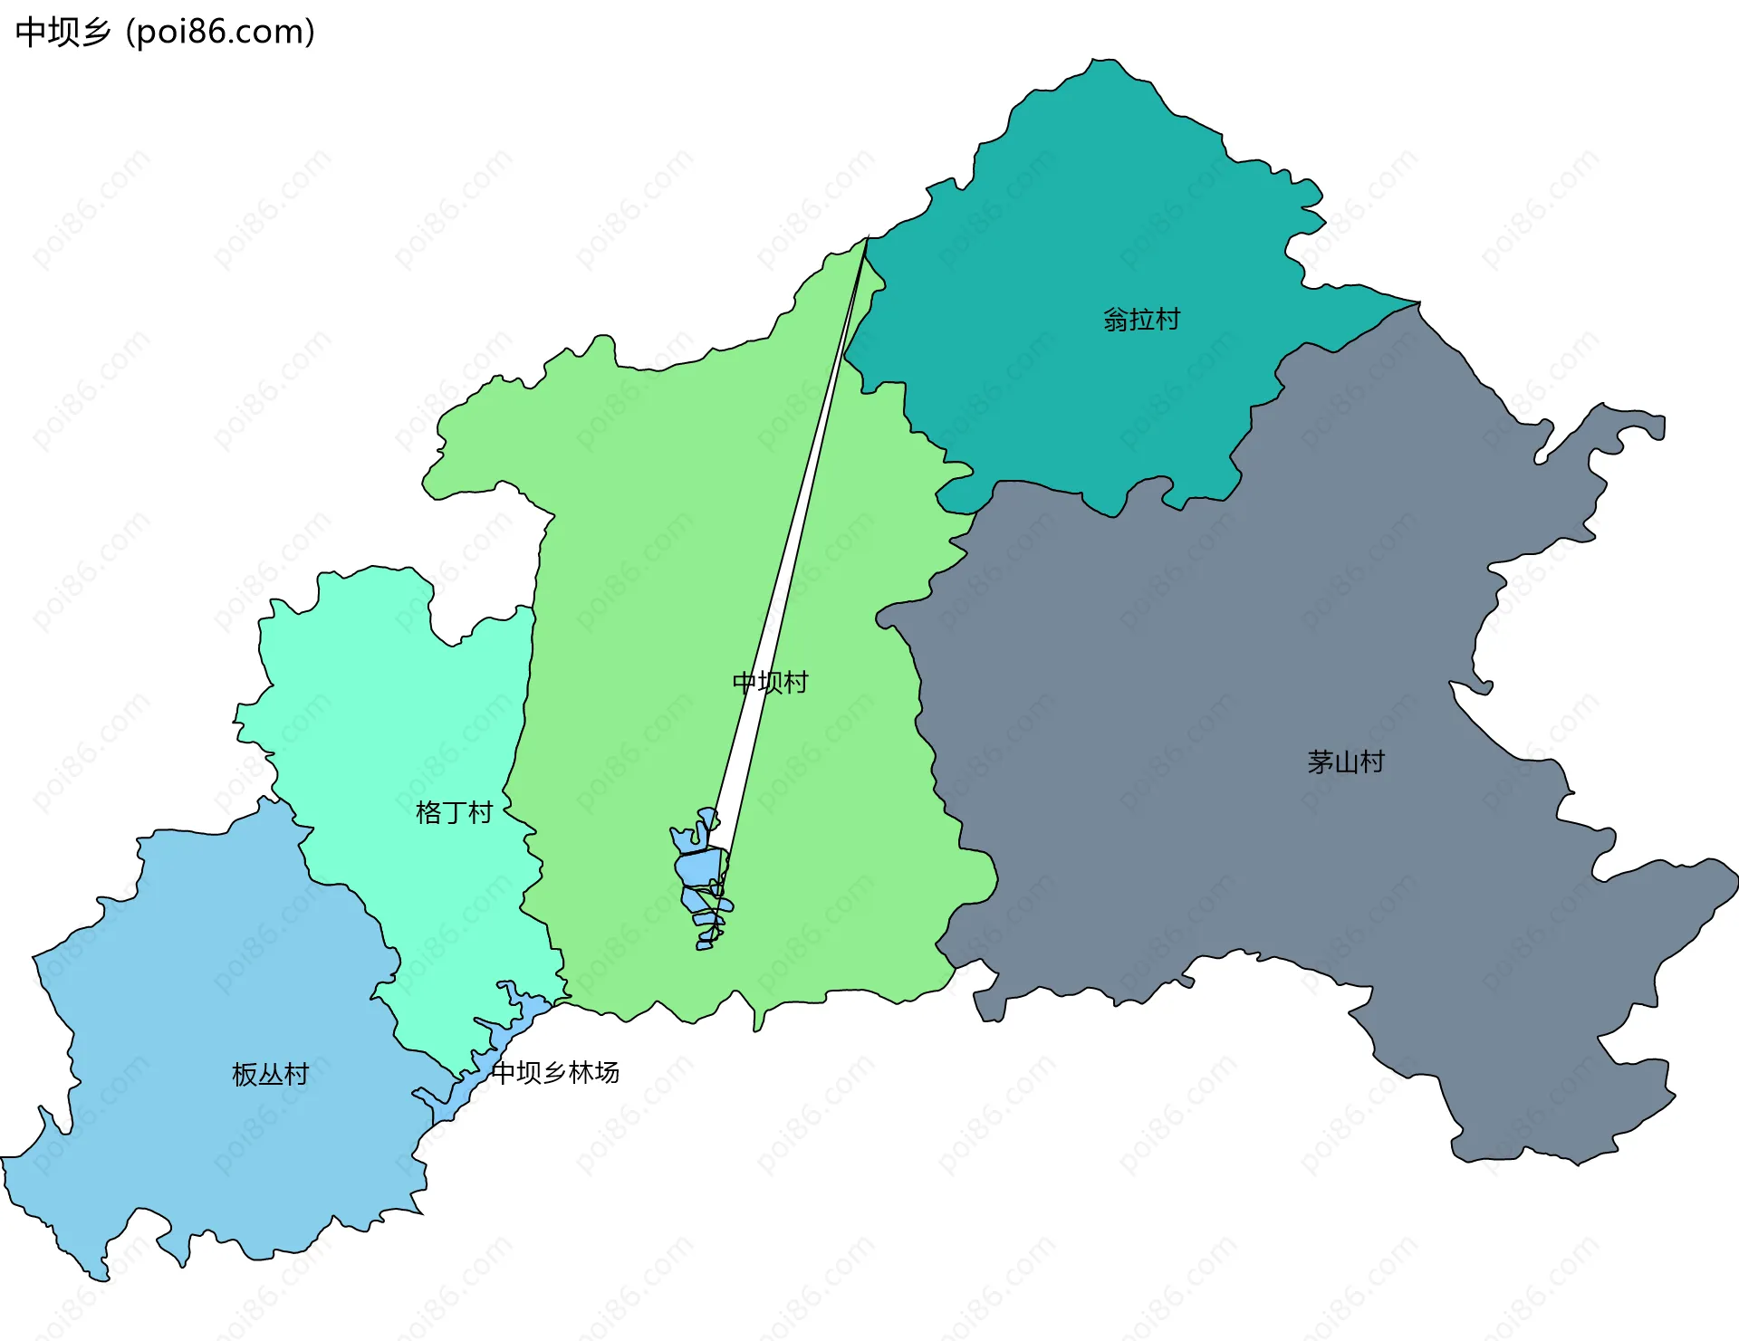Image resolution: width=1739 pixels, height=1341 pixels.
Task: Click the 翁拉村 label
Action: tap(1141, 320)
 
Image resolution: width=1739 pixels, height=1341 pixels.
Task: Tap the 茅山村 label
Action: tap(1346, 762)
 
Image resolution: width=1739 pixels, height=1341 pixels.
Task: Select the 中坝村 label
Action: tap(770, 683)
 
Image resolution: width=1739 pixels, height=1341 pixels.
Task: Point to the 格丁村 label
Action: tap(454, 812)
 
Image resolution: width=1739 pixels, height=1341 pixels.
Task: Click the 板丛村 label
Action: tap(271, 1074)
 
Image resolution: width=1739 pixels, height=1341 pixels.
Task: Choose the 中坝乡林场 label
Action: tap(555, 1073)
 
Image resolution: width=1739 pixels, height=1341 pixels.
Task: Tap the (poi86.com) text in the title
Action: tap(220, 33)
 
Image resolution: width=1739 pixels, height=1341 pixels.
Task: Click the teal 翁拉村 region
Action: tap(1087, 226)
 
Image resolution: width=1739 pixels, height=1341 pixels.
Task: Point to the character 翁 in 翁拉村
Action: tap(1116, 320)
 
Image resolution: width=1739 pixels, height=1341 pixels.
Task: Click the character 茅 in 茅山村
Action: tap(1321, 762)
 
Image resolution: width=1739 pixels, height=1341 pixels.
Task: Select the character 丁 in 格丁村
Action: tap(454, 812)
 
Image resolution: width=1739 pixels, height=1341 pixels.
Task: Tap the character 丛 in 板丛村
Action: tap(271, 1074)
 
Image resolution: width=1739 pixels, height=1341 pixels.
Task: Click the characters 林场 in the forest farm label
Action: tap(594, 1073)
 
